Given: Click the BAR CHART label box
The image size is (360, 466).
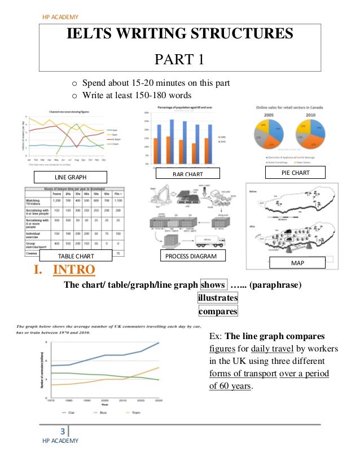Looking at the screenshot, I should pos(187,174).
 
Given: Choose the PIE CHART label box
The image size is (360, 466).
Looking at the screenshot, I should pos(295,172).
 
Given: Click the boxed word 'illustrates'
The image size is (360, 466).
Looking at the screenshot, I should pos(218,297).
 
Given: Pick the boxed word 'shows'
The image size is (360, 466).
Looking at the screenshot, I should pos(212,285).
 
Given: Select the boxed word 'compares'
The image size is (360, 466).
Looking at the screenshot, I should pos(218,311).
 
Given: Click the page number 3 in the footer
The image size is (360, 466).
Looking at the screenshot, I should pos(63,433).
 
